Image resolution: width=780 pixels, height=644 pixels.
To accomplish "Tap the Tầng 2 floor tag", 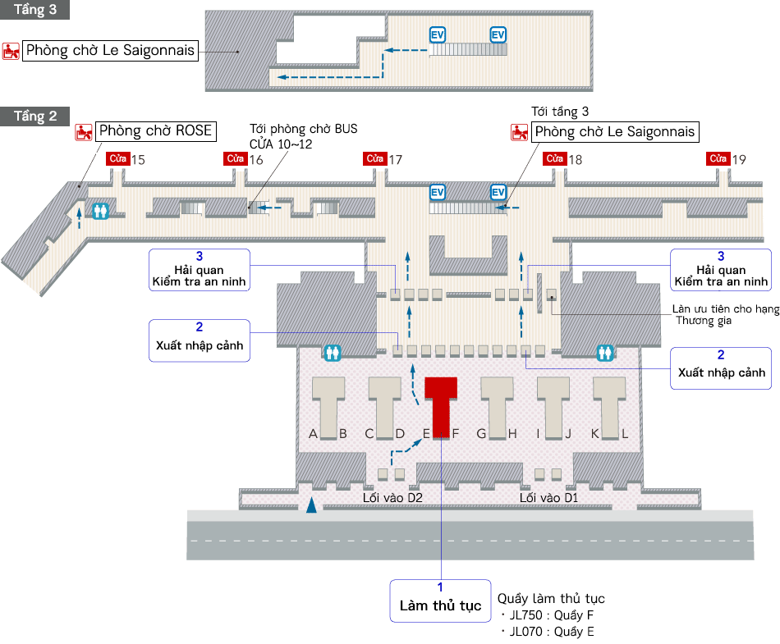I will (34, 116).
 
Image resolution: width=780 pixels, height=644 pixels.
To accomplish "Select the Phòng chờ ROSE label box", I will (155, 131).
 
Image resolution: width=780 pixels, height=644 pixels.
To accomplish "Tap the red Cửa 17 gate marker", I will (376, 158).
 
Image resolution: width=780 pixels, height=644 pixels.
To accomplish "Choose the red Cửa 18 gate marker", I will (556, 158).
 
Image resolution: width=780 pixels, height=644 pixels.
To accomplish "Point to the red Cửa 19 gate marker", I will (719, 158).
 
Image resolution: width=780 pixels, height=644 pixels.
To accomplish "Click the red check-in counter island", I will (440, 405).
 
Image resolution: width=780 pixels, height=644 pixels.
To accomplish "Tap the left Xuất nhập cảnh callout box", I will (200, 340).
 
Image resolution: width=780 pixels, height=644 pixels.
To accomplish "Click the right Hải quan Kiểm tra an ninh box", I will (720, 270).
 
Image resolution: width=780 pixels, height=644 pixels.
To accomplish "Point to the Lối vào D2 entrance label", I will (392, 498).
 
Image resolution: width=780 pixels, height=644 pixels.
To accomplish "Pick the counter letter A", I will (313, 434).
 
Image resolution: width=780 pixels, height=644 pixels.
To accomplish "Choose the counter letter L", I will (625, 434).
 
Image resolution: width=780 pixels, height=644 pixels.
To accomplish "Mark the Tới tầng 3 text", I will (560, 112).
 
